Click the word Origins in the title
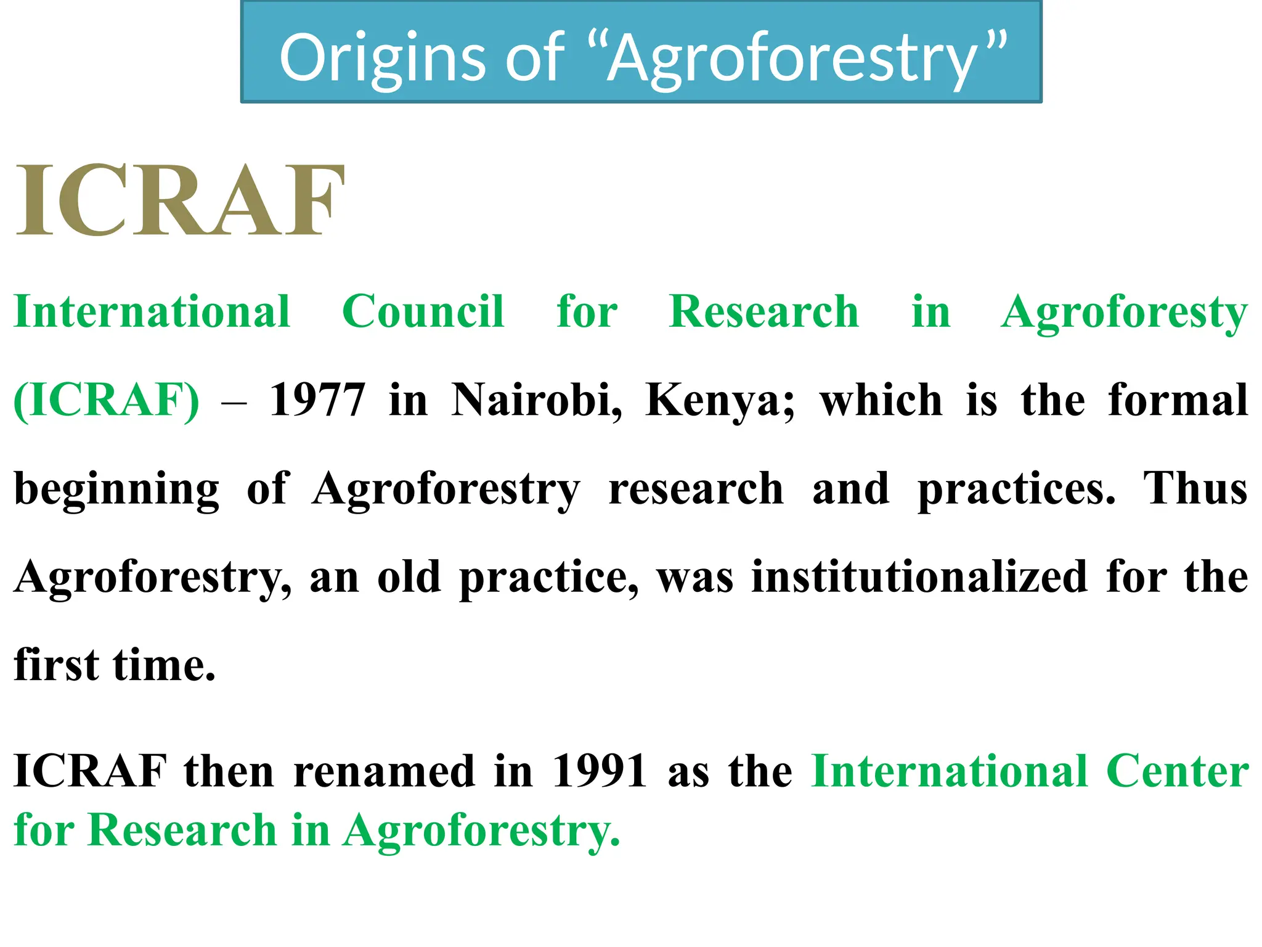click(383, 59)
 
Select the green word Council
click(423, 311)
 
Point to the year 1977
click(317, 400)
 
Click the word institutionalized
click(919, 578)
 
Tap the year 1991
click(599, 771)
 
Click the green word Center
click(1177, 771)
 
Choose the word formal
click(1178, 400)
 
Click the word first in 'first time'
click(56, 666)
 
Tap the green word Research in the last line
click(182, 830)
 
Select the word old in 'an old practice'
click(409, 578)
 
